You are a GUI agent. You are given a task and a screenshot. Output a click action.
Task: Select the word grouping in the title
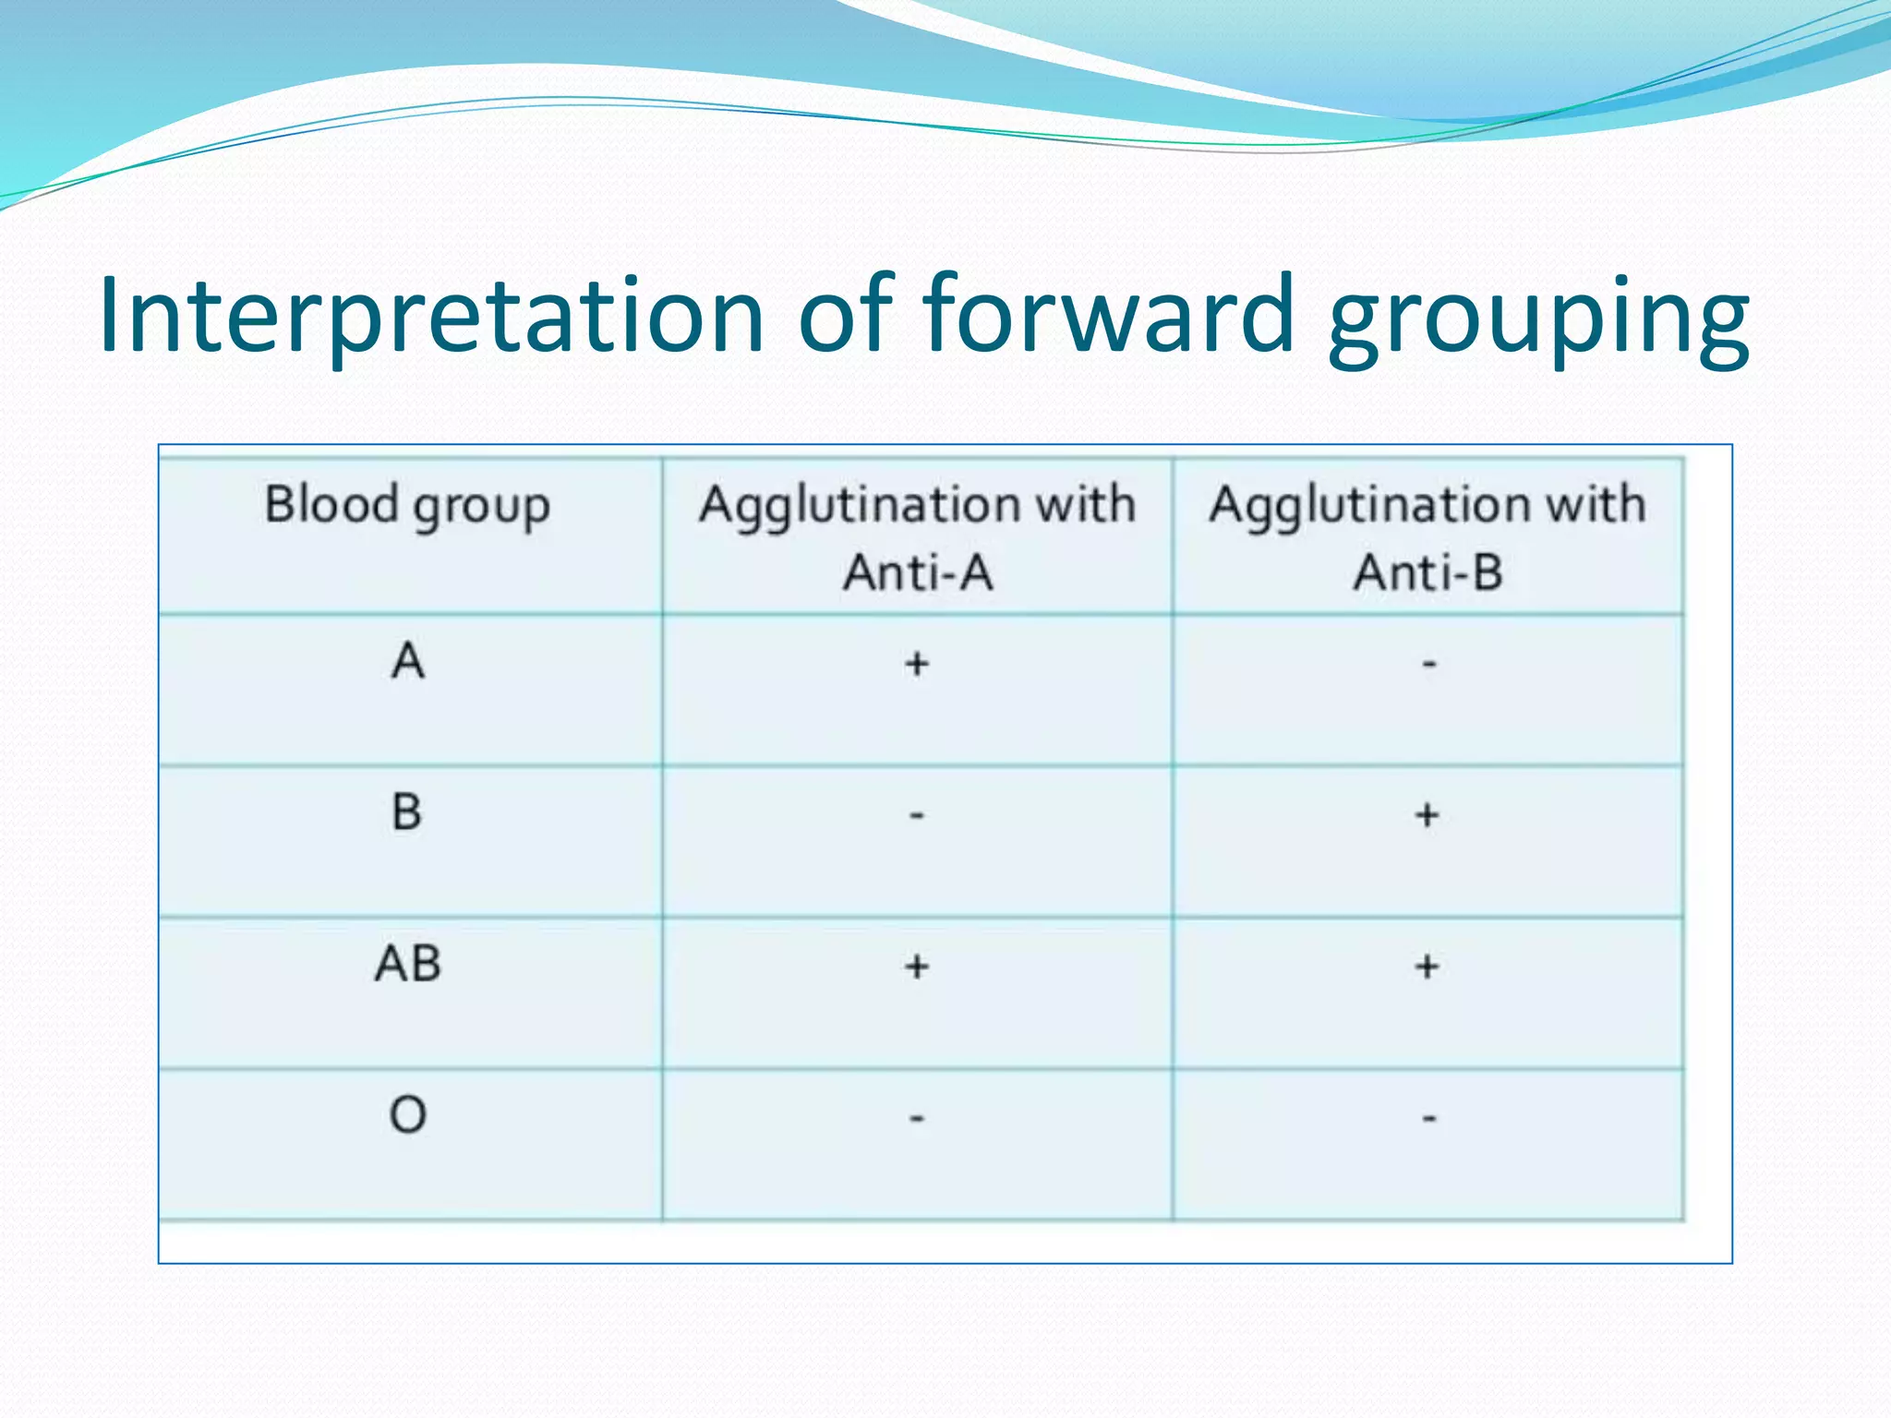(1537, 318)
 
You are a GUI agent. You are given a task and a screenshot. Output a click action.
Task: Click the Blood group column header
(407, 506)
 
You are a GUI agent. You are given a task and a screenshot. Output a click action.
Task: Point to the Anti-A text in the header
(918, 572)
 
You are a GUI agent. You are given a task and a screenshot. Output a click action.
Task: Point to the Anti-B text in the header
(1427, 572)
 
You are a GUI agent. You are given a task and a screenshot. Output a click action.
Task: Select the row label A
(407, 661)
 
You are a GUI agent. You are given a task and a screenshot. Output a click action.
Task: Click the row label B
(407, 812)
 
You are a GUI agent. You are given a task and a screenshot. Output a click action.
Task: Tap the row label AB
(407, 964)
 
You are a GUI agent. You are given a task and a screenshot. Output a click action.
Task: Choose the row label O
(407, 1115)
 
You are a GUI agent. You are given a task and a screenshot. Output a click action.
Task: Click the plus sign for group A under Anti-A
(917, 663)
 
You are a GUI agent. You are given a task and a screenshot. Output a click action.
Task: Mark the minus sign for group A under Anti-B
(1428, 663)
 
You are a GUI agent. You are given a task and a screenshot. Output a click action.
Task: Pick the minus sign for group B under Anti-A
(917, 815)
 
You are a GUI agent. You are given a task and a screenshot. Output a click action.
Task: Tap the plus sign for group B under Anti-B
(1427, 815)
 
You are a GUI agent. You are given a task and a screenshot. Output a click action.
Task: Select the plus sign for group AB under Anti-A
(917, 967)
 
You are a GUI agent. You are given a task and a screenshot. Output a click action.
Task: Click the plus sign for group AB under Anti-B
(1427, 967)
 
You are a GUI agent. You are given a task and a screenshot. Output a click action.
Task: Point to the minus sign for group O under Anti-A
(917, 1119)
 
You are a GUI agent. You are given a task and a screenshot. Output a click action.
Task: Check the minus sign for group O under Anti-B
(1428, 1119)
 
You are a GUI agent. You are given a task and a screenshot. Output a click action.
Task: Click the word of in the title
(845, 314)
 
